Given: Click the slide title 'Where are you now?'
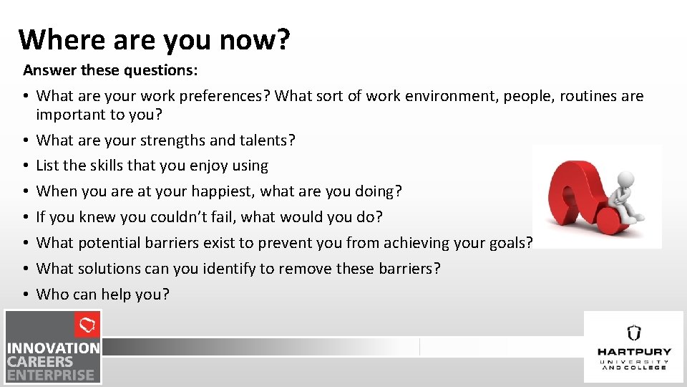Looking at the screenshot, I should [155, 39].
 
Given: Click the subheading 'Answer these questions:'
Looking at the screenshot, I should [111, 70].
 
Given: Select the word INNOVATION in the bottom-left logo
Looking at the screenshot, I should [54, 349].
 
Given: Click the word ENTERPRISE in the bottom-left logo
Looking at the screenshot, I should [51, 375].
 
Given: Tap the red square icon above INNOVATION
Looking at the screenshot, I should [87, 325].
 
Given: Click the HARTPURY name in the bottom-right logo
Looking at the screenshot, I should [634, 352].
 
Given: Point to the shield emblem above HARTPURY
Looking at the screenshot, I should [634, 333].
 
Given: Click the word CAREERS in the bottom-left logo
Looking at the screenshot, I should [41, 362].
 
